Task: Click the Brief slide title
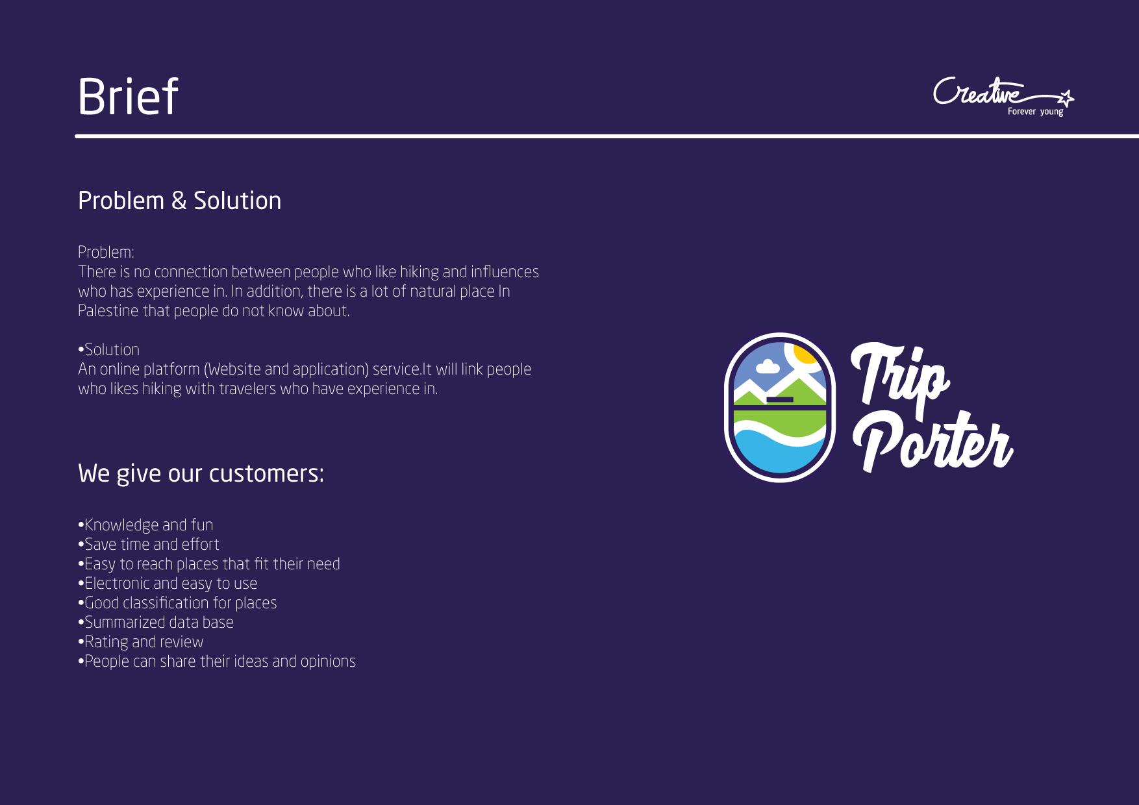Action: coord(127,97)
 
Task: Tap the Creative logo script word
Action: coord(978,92)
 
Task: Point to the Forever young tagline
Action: coord(1036,112)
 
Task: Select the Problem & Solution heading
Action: coord(179,201)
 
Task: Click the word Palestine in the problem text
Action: coord(108,311)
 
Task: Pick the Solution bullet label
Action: coord(108,350)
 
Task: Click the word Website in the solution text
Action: coord(234,369)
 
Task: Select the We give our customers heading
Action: coord(201,473)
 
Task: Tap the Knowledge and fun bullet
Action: coord(145,525)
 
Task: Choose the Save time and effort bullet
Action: coord(149,545)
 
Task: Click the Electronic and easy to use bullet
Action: coord(168,584)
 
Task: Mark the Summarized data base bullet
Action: coord(156,623)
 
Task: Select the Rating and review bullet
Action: coord(141,642)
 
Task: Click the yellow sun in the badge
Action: coord(805,352)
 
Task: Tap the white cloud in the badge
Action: coord(768,367)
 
